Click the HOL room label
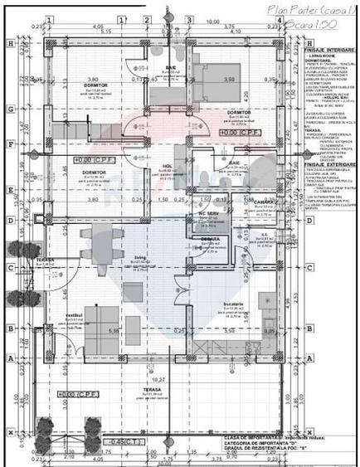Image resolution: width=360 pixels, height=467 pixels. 167,166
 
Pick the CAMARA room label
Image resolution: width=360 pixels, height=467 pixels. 264,202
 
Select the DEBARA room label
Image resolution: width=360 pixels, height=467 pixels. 209,239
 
